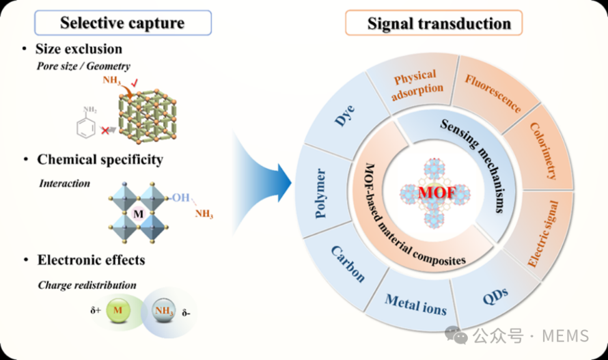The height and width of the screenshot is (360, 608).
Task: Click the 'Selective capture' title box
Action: pos(123,23)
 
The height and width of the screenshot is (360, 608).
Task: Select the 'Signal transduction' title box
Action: pos(434,23)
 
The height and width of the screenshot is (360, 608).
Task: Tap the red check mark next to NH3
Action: pos(134,83)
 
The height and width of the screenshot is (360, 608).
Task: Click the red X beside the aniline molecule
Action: pos(105,130)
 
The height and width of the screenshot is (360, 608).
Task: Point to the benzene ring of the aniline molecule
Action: pos(85,128)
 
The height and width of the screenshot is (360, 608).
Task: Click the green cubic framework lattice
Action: pos(147,115)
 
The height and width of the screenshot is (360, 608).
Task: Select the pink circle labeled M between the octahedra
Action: pos(139,213)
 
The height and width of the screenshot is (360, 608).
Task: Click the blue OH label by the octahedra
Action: pos(181,197)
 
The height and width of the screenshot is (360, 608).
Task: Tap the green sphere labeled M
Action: pos(118,310)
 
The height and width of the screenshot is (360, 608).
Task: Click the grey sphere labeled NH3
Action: pos(163,310)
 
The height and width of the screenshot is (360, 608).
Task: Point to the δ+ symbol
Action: pos(96,310)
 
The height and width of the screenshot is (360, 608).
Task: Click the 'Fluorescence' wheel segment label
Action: pos(493,94)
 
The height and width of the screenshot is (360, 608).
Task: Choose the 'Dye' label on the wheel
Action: pos(345,115)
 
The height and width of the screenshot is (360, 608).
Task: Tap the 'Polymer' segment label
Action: pos(320,193)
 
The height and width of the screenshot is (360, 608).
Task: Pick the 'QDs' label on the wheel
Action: pos(495,296)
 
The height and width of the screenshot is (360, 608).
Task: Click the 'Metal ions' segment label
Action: pos(415,305)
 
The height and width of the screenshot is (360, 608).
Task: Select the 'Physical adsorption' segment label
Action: pos(417,85)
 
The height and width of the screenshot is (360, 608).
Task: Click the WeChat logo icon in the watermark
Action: pos(456,335)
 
